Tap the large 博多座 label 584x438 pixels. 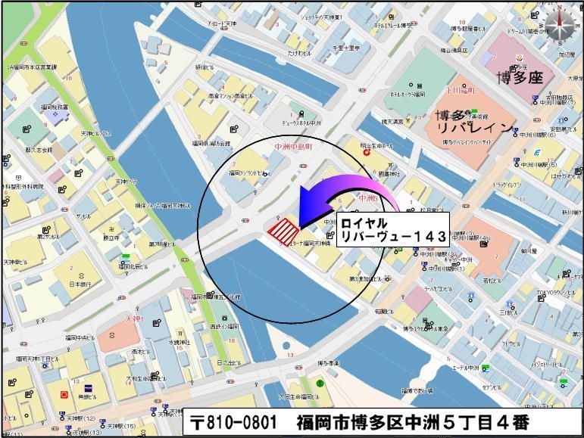tap(520, 77)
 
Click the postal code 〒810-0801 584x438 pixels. tap(236, 421)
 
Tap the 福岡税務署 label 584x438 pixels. tap(55, 107)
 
